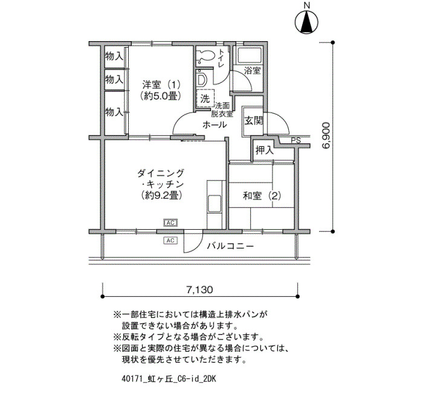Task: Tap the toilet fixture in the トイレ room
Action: [205, 56]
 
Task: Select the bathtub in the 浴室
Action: [248, 56]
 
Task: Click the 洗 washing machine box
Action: [205, 99]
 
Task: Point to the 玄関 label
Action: [254, 121]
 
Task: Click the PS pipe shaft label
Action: [295, 141]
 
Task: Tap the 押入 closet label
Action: [265, 151]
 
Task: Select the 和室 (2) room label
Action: [262, 196]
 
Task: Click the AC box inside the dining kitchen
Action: [170, 222]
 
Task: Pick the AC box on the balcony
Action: [170, 240]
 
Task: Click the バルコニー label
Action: [230, 246]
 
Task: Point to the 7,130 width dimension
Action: [199, 290]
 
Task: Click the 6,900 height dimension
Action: [326, 135]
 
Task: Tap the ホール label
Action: [215, 125]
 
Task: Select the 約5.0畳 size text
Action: [160, 96]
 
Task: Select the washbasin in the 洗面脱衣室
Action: [201, 80]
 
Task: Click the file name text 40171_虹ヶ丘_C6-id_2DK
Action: [169, 379]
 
